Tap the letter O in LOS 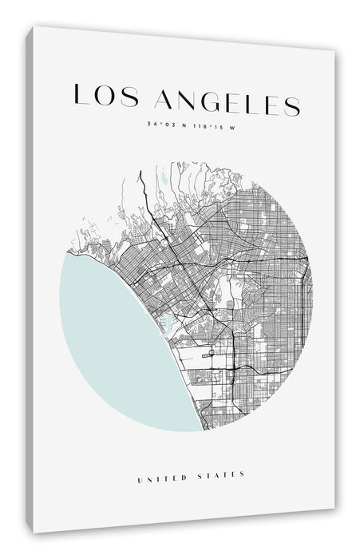pos(102,97)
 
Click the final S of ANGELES pos(292,105)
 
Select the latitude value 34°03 pos(159,124)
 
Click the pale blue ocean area pos(112,335)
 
